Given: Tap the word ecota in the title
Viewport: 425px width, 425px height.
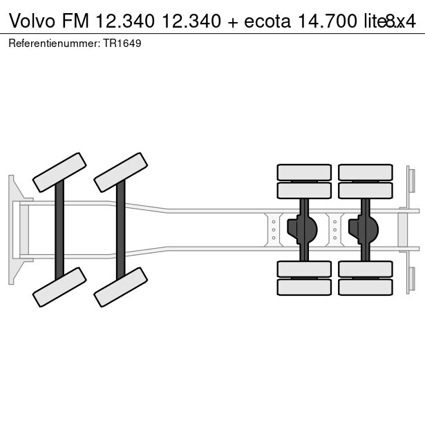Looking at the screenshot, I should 266,21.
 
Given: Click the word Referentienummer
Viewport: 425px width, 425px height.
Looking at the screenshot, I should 50,43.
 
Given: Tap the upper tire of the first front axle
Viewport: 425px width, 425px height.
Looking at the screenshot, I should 59,172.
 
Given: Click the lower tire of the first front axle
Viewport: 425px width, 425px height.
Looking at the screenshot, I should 59,287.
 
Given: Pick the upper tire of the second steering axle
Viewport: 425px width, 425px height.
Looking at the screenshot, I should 121,172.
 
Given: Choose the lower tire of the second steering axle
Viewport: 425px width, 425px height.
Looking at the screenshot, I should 121,287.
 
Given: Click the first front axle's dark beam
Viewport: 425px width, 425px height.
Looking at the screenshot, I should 59,229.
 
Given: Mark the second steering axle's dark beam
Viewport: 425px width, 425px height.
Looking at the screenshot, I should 121,229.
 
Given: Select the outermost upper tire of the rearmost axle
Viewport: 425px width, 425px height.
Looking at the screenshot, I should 365,172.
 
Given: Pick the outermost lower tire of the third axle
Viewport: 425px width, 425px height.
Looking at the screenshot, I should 304,287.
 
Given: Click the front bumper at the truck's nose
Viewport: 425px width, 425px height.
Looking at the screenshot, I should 13,229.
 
